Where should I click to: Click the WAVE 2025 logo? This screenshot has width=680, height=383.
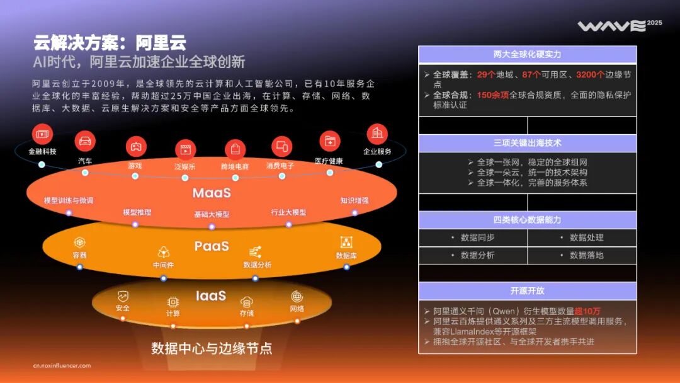pyautogui.click(x=620, y=26)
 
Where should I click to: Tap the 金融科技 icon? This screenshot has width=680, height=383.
pyautogui.click(x=42, y=134)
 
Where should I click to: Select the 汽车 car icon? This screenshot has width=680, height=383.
pyautogui.click(x=85, y=140)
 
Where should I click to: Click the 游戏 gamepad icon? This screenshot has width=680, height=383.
pyautogui.click(x=135, y=146)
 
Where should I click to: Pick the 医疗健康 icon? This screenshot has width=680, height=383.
pyautogui.click(x=329, y=141)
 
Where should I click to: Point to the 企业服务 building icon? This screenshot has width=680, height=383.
pyautogui.click(x=377, y=134)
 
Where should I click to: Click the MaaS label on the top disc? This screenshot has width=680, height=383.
pyautogui.click(x=212, y=193)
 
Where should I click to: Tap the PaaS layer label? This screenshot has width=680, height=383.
pyautogui.click(x=212, y=246)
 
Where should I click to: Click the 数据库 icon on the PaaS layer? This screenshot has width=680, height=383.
pyautogui.click(x=346, y=242)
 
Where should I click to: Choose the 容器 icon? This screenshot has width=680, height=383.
pyautogui.click(x=79, y=242)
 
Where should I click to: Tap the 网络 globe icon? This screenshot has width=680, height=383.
pyautogui.click(x=297, y=296)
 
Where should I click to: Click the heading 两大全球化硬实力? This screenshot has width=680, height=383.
pyautogui.click(x=527, y=55)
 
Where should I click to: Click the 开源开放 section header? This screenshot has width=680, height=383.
pyautogui.click(x=527, y=291)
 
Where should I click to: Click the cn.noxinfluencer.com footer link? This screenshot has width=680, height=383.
pyautogui.click(x=62, y=365)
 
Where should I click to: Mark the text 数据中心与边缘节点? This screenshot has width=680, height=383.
pyautogui.click(x=212, y=348)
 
